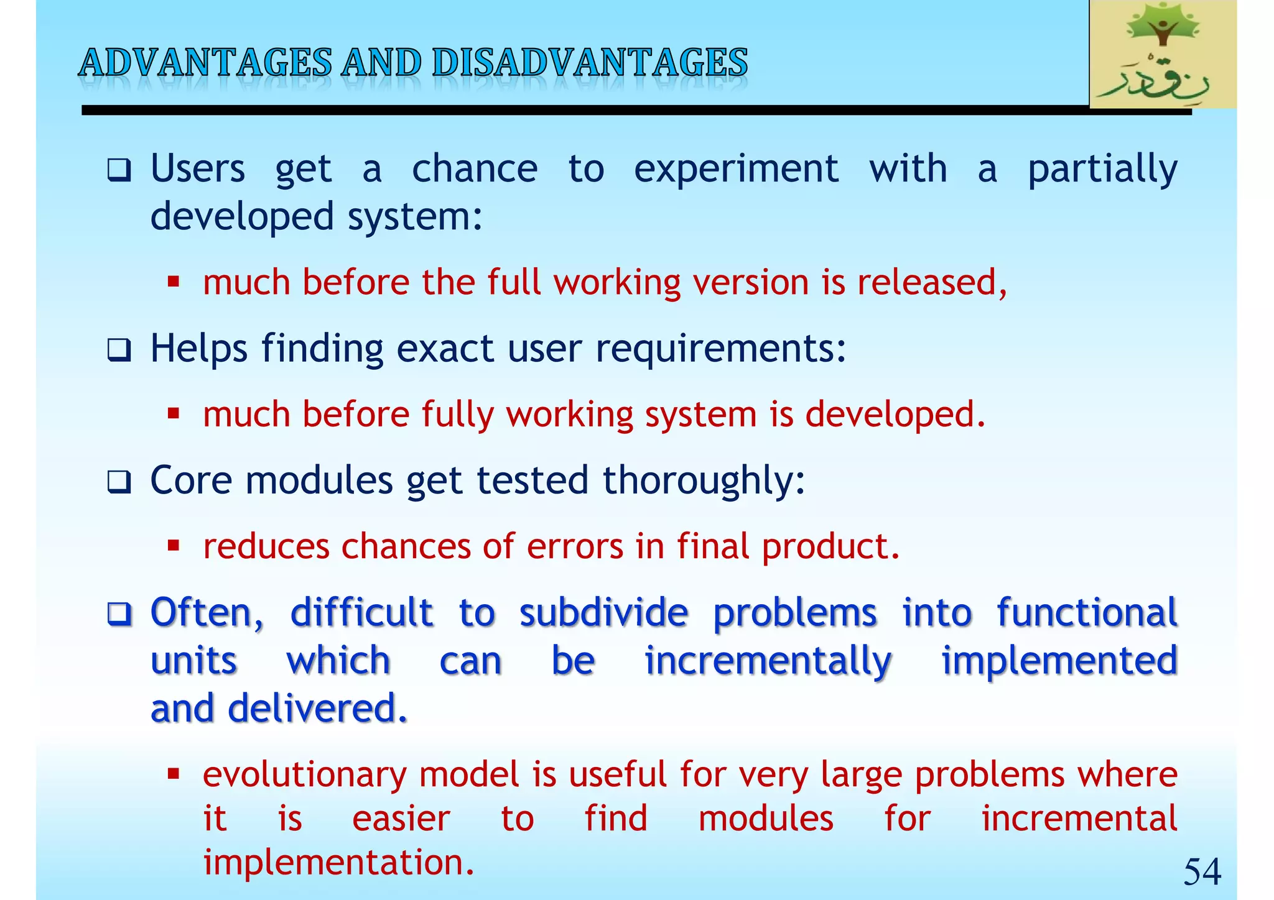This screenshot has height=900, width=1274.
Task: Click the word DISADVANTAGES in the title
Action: pyautogui.click(x=589, y=63)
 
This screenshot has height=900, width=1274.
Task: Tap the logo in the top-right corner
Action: pyautogui.click(x=1162, y=55)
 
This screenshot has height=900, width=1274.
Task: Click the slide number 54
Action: pyautogui.click(x=1201, y=871)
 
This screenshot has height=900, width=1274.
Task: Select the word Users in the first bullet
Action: pyautogui.click(x=198, y=168)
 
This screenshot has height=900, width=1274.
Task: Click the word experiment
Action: pyautogui.click(x=736, y=168)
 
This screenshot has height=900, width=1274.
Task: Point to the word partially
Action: pyautogui.click(x=1102, y=170)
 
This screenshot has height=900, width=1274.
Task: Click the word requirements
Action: pyautogui.click(x=720, y=348)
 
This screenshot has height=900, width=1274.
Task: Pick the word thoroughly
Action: pyautogui.click(x=703, y=481)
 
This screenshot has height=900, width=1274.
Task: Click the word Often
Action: pyautogui.click(x=207, y=613)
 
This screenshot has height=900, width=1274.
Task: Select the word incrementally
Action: pyautogui.click(x=768, y=661)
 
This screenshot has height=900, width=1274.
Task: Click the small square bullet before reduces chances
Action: pyautogui.click(x=174, y=546)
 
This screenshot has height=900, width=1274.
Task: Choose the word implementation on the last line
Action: pyautogui.click(x=338, y=862)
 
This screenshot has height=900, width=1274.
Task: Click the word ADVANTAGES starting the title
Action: pyautogui.click(x=205, y=63)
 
